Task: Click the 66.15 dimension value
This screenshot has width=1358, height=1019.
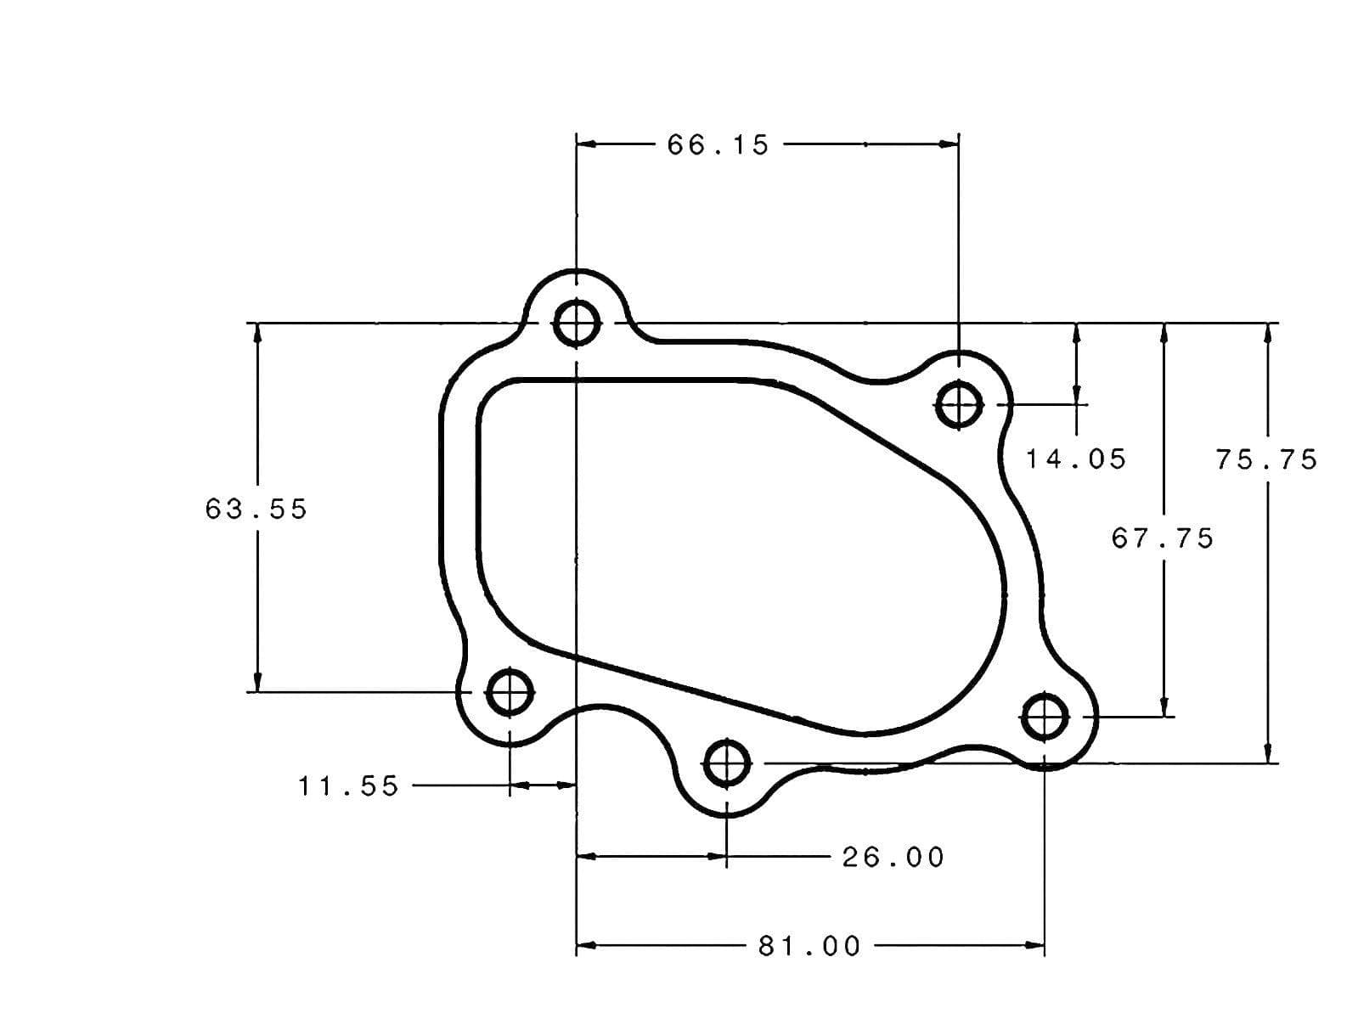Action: [x=718, y=145]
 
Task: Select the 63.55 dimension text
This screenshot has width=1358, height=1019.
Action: [x=256, y=509]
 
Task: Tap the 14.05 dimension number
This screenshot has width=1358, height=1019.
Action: [x=1075, y=459]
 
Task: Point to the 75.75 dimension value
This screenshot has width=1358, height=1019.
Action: [x=1266, y=459]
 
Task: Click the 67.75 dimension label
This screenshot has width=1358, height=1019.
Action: [x=1163, y=538]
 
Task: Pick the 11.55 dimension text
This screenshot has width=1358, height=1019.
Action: [x=348, y=786]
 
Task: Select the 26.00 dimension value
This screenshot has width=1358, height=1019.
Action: [x=893, y=857]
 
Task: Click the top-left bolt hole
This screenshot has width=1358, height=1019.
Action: [x=577, y=323]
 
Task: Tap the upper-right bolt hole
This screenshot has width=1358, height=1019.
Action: [x=959, y=404]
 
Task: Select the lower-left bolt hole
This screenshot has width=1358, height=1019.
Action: [x=510, y=692]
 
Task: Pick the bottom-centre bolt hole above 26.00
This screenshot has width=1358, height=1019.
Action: [x=727, y=765]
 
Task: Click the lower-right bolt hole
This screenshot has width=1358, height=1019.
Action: [x=1045, y=718]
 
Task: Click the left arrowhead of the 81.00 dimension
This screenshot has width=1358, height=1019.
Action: [x=586, y=944]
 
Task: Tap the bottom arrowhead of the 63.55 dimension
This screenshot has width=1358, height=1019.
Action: [x=257, y=683]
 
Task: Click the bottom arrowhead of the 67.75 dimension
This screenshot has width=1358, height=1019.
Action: [x=1164, y=708]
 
